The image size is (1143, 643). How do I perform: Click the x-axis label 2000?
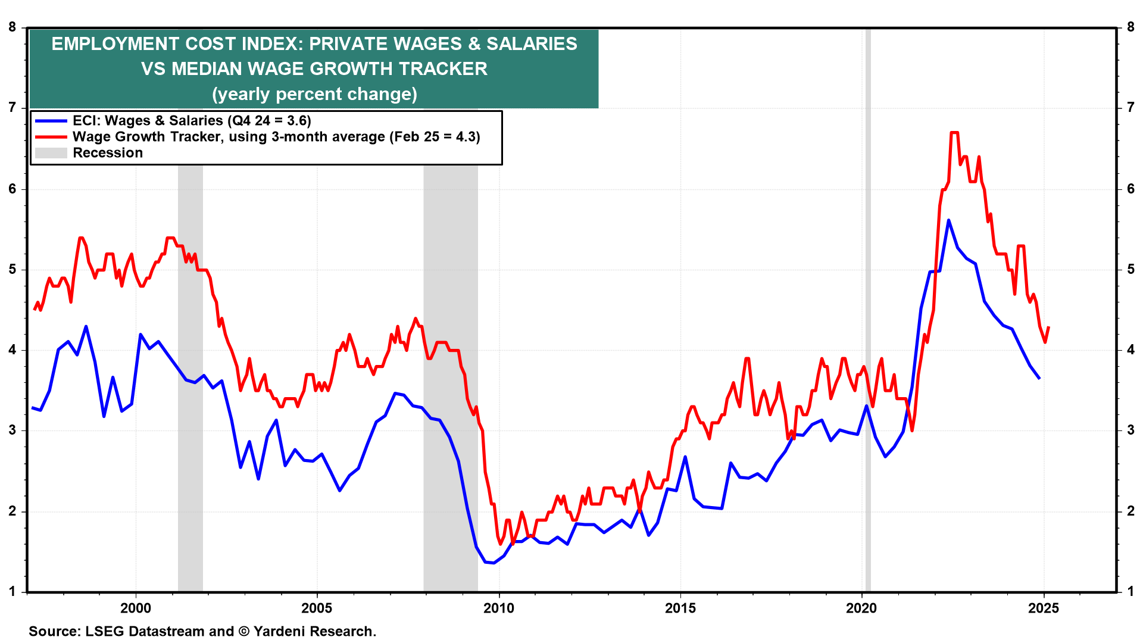136,608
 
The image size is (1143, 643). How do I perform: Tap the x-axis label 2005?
317,608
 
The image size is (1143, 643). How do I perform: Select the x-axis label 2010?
498,608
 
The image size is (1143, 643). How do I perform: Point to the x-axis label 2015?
680,608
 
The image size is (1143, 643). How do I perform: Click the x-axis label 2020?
861,608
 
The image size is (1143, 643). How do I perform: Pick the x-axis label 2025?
1043,608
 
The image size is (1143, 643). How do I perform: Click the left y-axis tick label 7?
12,108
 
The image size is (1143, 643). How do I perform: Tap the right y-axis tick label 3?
1130,430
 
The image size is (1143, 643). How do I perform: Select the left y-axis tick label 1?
12,592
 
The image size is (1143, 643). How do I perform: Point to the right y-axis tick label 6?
1130,189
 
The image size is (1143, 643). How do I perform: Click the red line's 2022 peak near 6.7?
954,132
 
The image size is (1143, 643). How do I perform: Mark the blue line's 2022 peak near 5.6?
948,220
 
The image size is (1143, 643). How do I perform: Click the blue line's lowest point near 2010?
493,563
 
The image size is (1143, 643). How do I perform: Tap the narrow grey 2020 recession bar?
868,357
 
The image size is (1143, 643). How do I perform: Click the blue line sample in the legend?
51,121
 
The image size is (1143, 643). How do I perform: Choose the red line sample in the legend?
51,137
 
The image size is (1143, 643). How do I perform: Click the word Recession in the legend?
108,153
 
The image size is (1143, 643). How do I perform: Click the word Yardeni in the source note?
278,631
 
